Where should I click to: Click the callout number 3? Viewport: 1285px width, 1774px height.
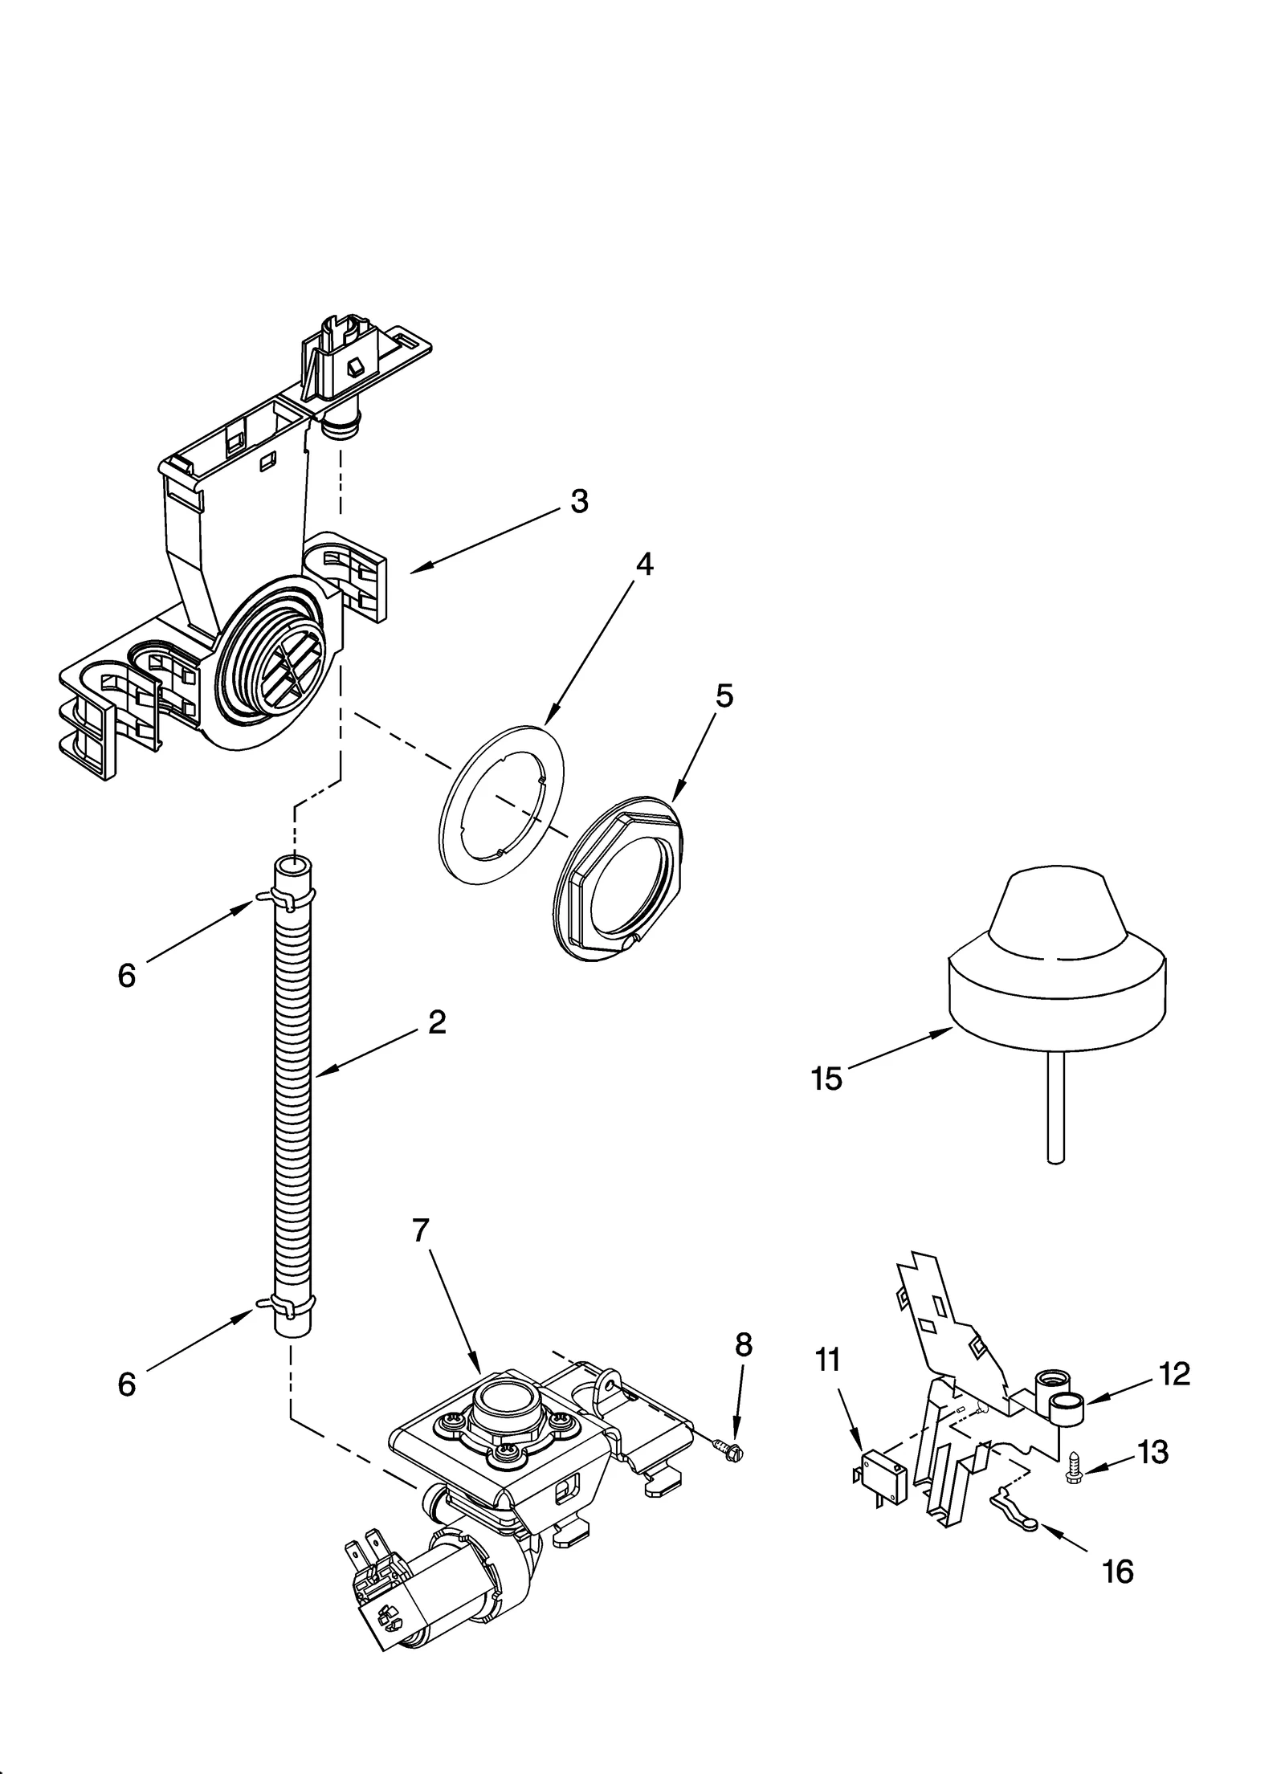(579, 501)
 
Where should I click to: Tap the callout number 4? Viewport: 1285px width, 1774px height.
(644, 565)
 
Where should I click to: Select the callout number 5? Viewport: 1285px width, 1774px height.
(724, 695)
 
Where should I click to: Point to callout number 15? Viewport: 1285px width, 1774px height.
(826, 1079)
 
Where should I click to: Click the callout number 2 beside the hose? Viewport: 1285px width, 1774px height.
(437, 1022)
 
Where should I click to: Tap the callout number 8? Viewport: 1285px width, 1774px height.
(744, 1344)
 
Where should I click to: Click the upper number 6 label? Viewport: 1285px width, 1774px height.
(127, 975)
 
